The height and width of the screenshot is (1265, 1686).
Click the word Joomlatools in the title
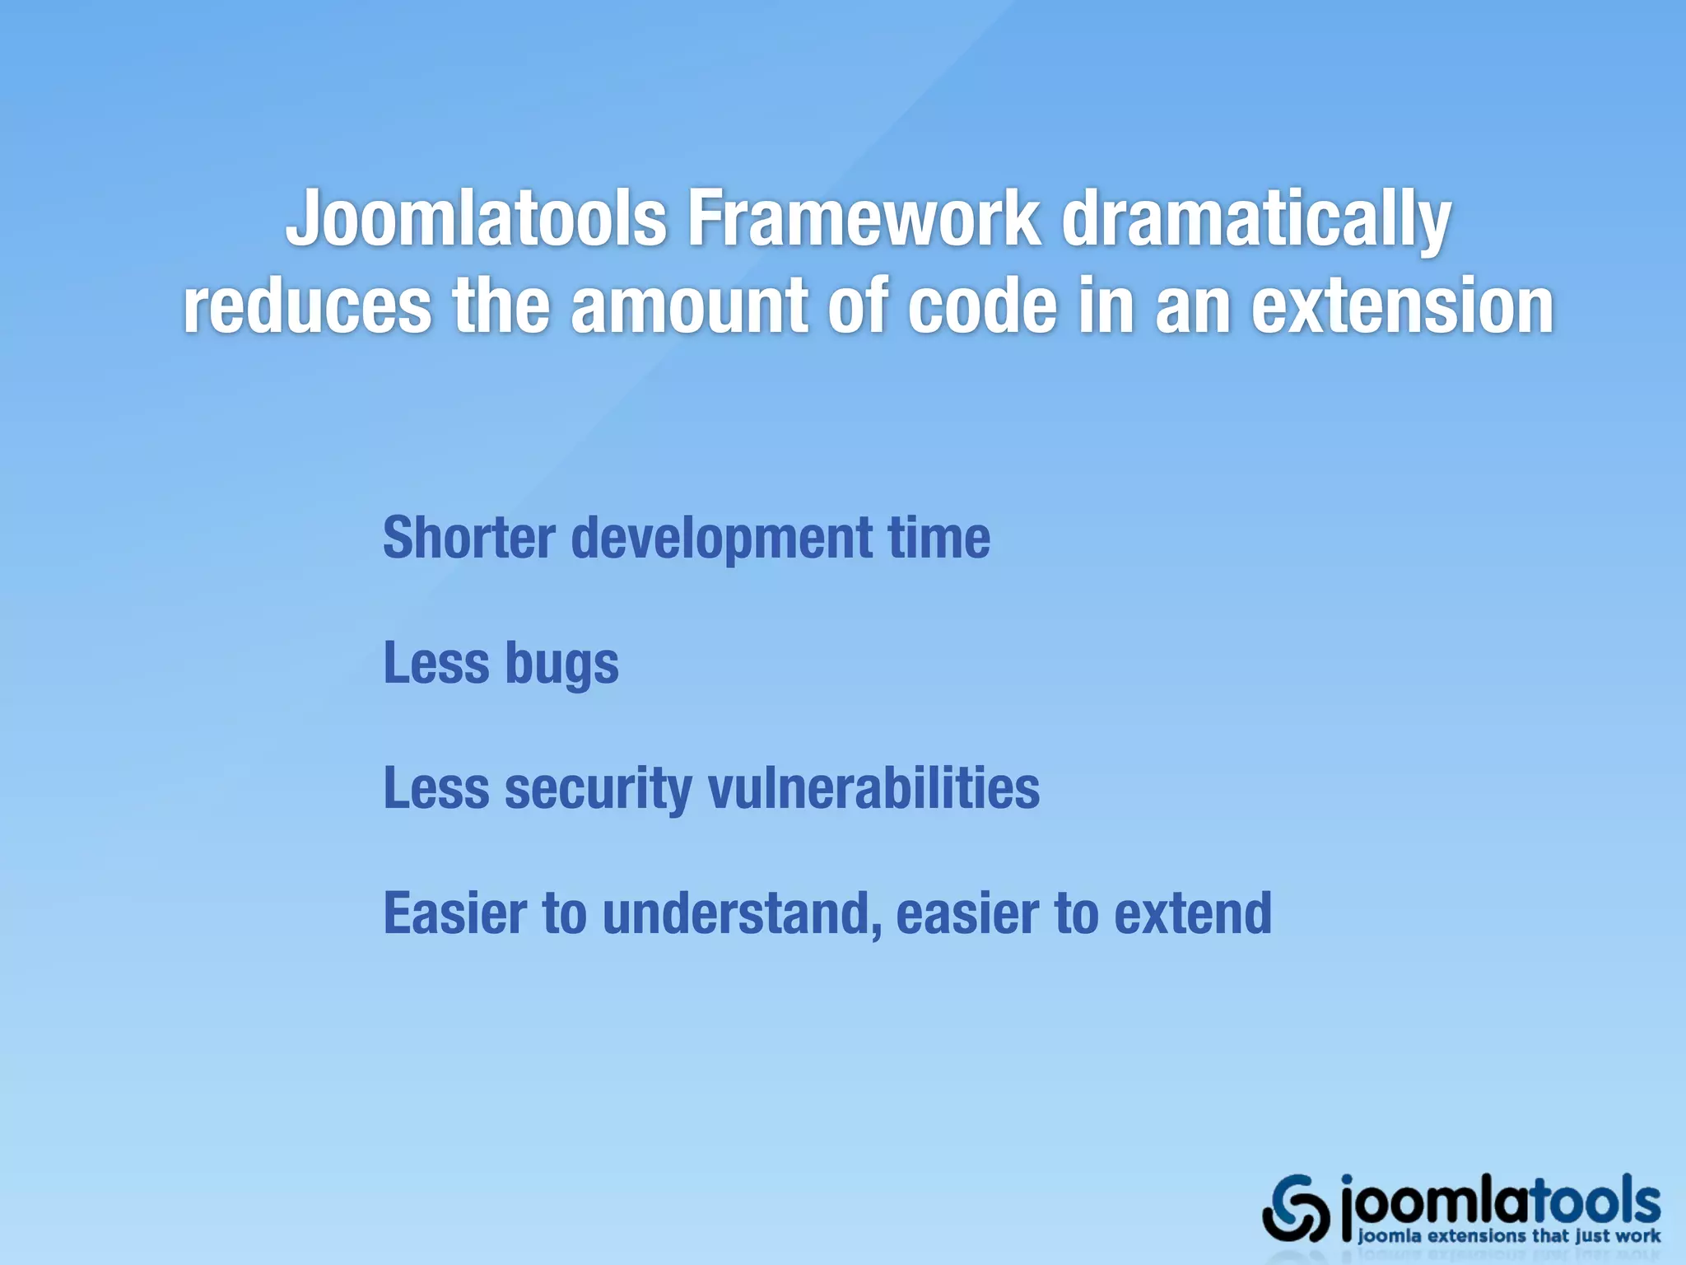click(476, 218)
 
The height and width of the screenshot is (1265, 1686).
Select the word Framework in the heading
click(864, 218)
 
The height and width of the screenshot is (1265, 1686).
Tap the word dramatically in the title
click(1255, 221)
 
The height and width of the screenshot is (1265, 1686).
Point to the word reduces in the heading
click(306, 306)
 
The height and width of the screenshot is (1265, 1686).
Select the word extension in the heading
click(1403, 306)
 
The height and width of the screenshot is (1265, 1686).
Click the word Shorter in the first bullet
click(469, 538)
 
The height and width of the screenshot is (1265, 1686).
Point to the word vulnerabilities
click(874, 788)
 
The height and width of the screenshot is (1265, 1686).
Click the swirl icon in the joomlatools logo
click(1296, 1208)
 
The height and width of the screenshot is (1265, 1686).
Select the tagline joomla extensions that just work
click(1508, 1236)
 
